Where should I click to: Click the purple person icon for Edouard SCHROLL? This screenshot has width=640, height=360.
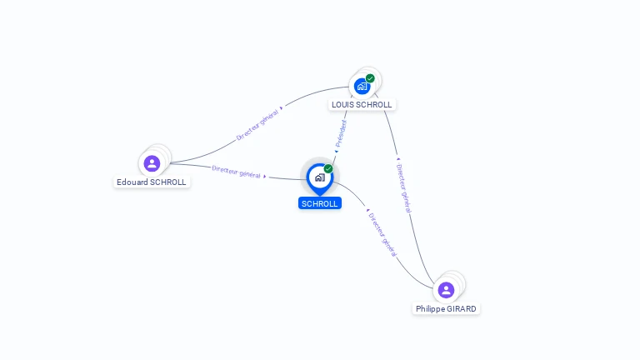click(x=152, y=163)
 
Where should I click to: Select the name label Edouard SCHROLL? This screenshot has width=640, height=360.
click(x=152, y=182)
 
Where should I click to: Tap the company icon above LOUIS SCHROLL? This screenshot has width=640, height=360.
click(x=362, y=86)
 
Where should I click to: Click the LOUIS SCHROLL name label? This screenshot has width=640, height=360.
click(x=362, y=104)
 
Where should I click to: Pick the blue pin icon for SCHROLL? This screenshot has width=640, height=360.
click(x=319, y=177)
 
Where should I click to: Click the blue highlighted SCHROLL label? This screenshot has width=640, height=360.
click(x=320, y=203)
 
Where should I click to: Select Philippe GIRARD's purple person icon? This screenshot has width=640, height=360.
click(x=446, y=290)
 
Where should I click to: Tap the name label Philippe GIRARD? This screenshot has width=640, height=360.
click(x=447, y=308)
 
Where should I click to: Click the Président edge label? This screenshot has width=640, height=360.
click(x=341, y=133)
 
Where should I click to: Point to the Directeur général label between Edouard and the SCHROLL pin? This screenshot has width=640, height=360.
click(x=236, y=171)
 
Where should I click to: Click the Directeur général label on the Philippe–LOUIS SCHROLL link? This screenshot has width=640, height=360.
click(x=403, y=188)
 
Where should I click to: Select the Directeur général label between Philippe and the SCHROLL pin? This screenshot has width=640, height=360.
click(x=382, y=235)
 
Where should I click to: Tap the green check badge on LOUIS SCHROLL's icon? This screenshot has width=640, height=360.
click(x=370, y=78)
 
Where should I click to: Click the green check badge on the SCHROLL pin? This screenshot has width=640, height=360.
click(x=328, y=168)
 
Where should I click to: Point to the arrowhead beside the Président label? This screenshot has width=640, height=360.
click(x=335, y=152)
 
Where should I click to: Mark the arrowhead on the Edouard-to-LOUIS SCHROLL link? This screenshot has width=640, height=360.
click(x=282, y=107)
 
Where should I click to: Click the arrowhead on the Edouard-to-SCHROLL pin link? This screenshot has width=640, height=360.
click(x=265, y=176)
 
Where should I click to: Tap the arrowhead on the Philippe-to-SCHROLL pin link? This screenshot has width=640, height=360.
click(x=367, y=210)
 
